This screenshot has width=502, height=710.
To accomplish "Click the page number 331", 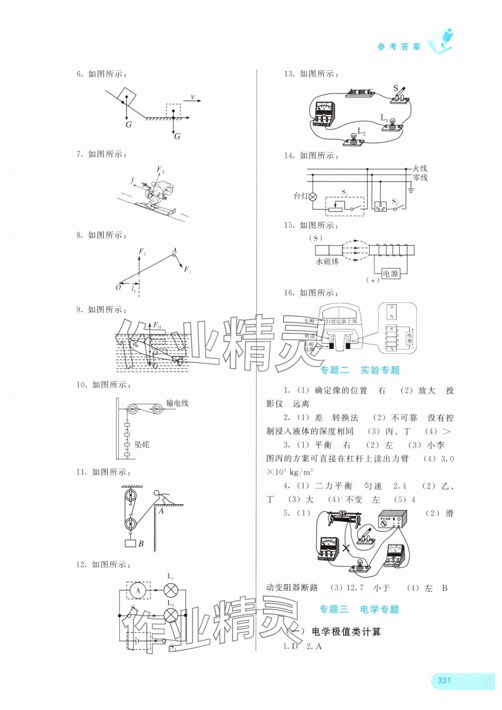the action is (444, 680).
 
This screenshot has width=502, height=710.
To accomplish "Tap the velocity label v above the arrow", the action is (193, 97).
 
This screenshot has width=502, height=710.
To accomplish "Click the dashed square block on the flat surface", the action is (173, 111).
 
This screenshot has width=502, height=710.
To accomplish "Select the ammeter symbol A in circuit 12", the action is (139, 590).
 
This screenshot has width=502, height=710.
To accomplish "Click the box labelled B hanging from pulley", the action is (131, 544).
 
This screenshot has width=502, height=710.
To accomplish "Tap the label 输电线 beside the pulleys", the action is (177, 403).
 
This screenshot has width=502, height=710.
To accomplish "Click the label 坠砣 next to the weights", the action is (142, 444).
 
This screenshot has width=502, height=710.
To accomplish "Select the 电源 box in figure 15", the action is (390, 274).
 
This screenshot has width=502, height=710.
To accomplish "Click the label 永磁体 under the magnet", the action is (327, 261).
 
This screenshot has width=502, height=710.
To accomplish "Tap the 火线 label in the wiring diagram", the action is (420, 168).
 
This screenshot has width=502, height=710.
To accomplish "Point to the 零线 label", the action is (420, 177).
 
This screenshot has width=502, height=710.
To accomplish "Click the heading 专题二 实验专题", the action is (360, 370).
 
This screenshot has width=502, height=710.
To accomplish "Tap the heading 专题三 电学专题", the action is (359, 609).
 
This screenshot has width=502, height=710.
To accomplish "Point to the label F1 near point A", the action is (187, 270).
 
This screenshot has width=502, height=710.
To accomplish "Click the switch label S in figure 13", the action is (396, 88).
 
